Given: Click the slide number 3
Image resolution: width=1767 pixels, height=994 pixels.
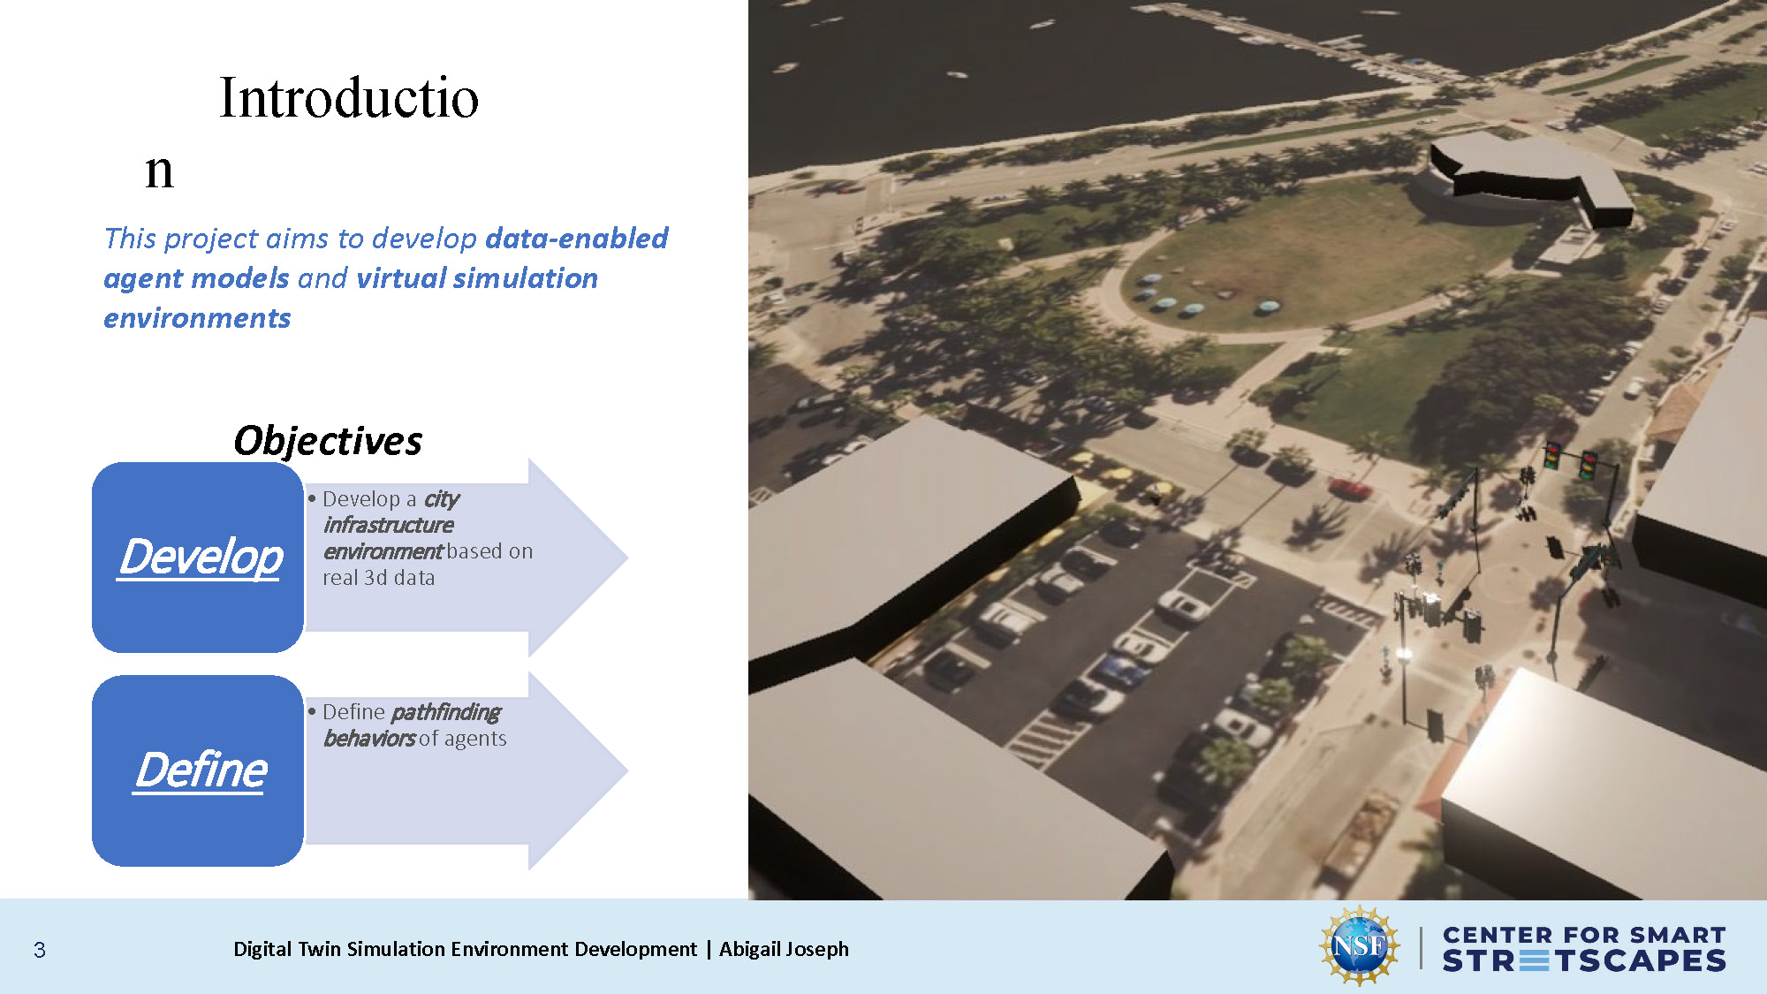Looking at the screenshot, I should click(x=40, y=950).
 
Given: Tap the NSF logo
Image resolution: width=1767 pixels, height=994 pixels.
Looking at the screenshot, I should click(x=1359, y=946).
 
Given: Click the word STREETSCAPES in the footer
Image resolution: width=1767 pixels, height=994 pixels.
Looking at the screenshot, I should click(x=1583, y=961).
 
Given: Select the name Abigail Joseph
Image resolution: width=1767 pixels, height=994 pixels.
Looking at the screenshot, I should click(x=784, y=949).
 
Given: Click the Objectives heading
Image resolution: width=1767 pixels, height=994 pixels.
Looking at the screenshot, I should click(x=328, y=440).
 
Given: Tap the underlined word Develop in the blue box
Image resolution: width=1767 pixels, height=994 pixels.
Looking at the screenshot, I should click(x=201, y=558).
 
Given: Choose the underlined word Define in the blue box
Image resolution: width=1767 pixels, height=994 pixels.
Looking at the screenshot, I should click(x=201, y=770).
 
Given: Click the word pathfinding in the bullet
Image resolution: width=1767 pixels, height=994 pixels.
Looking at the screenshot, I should click(x=445, y=712).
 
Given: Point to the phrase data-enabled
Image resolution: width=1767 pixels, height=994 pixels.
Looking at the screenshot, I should click(x=576, y=239).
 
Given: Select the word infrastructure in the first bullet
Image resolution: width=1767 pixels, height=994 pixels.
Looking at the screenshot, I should click(x=388, y=525).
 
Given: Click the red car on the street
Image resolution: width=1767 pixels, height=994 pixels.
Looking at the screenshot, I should click(x=1349, y=487).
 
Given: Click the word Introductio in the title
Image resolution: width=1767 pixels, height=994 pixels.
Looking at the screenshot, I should click(x=349, y=98).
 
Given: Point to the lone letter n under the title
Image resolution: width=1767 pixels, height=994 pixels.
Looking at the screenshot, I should click(x=159, y=171).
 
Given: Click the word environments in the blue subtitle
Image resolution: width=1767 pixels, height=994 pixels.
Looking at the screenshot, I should click(x=197, y=318).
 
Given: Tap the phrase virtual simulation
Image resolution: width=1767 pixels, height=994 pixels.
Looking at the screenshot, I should click(x=477, y=278).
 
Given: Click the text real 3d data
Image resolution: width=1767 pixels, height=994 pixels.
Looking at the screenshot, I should click(x=378, y=578).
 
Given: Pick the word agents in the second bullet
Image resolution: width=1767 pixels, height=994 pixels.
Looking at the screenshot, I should click(x=475, y=739).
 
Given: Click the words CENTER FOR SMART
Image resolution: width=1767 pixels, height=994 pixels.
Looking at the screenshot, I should click(x=1583, y=935).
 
